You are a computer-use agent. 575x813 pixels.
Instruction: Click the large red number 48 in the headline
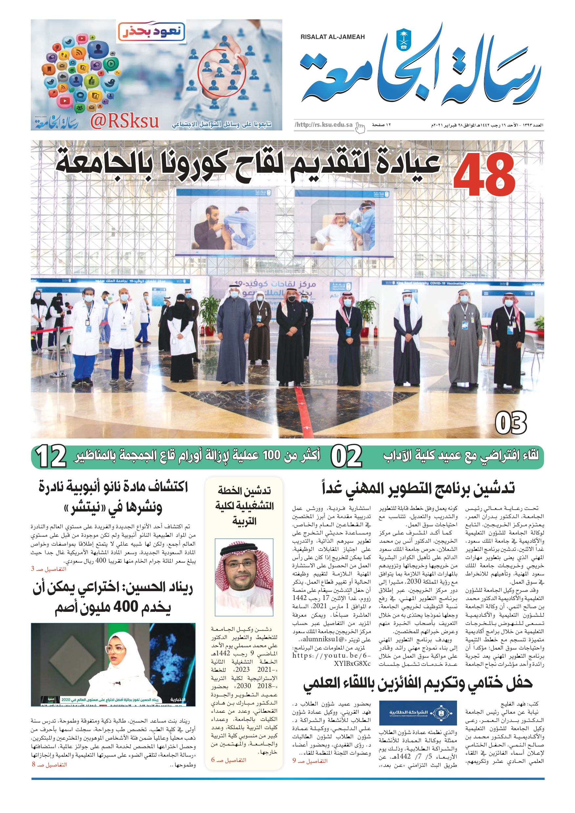(484, 175)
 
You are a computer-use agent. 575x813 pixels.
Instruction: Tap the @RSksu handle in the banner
(124, 122)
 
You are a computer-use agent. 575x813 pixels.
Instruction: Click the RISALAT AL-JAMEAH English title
(332, 37)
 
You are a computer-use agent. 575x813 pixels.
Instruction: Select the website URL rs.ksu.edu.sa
(324, 125)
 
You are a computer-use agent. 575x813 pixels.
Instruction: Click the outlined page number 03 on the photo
(510, 423)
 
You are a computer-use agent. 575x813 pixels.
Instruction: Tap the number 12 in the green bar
(52, 456)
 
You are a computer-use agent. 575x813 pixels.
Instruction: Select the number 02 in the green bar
(347, 456)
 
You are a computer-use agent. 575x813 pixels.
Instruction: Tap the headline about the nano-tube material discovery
(113, 497)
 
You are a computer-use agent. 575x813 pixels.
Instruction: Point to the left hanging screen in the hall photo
(225, 224)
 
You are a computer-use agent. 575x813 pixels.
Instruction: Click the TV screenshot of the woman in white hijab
(113, 665)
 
